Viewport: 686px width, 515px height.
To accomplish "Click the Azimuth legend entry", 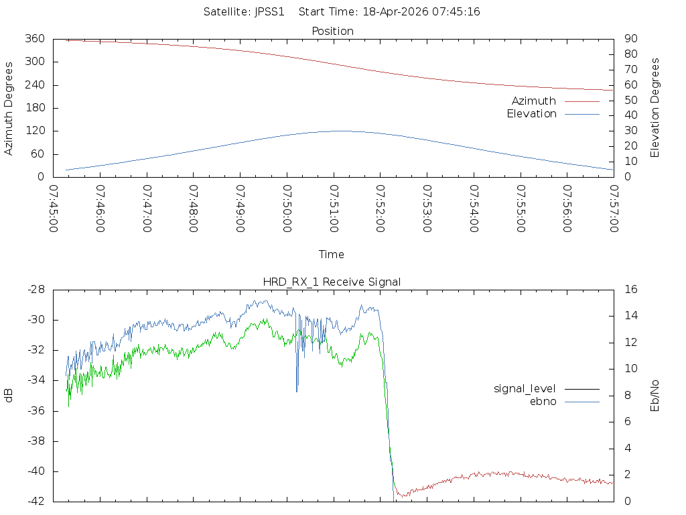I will [534, 101].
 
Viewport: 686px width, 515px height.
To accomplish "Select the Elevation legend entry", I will [531, 114].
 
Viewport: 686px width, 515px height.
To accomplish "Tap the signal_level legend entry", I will [525, 389].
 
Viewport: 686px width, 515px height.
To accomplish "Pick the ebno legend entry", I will [543, 402].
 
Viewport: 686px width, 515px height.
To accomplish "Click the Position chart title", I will [333, 32].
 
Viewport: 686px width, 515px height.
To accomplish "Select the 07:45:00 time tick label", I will [54, 209].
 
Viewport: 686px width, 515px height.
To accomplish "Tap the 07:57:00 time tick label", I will [614, 209].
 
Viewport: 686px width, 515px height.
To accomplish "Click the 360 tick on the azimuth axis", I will [36, 39].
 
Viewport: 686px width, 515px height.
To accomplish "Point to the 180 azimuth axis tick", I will [36, 108].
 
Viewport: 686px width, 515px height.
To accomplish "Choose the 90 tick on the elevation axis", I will [630, 39].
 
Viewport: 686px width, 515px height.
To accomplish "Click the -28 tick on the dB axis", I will [36, 290].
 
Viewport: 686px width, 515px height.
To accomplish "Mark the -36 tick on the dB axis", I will [36, 411].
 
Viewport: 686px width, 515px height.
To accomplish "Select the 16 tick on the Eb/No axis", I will [630, 290].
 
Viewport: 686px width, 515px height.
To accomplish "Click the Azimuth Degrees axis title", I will [9, 108].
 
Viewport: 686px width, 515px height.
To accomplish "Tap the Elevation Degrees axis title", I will [655, 108].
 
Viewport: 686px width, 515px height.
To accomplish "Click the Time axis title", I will [332, 255].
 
